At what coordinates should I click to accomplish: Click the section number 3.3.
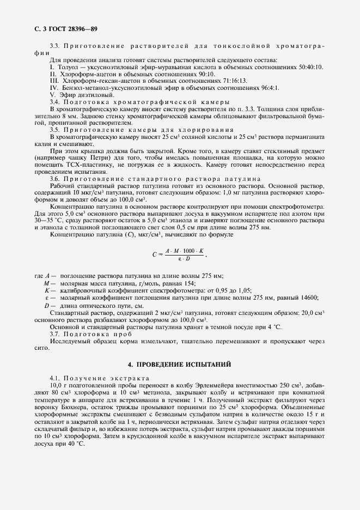pyautogui.click(x=55, y=45)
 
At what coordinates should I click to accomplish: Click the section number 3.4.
pyautogui.click(x=55, y=102)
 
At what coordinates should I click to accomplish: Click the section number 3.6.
pyautogui.click(x=55, y=178)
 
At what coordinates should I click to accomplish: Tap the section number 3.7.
pyautogui.click(x=55, y=333)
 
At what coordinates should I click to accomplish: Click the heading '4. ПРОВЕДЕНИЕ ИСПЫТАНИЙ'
pyautogui.click(x=180, y=363)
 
